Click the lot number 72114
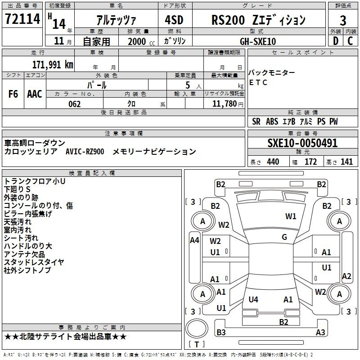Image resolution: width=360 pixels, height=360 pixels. click(x=22, y=18)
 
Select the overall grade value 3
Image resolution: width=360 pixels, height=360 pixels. click(x=343, y=21)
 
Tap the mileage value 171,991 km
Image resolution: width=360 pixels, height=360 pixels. click(x=53, y=65)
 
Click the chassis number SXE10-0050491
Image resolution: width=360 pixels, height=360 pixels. click(x=302, y=143)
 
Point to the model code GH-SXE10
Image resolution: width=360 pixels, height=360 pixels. click(x=258, y=41)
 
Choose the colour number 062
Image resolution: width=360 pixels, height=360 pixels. click(x=74, y=104)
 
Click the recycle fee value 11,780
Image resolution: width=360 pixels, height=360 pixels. click(x=224, y=104)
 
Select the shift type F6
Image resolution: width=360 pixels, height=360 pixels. click(x=13, y=94)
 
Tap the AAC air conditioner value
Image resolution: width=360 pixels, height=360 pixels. click(x=35, y=94)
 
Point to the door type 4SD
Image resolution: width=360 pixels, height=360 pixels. click(x=174, y=20)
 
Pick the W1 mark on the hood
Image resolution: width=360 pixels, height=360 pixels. click(x=291, y=216)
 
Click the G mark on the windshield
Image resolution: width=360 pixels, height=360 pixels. click(x=284, y=237)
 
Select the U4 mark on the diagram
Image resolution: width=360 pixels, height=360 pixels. click(x=253, y=299)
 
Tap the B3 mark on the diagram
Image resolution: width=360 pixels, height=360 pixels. click(x=221, y=332)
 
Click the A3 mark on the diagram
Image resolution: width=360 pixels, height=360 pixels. click(x=320, y=332)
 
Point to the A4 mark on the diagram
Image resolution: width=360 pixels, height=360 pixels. click(x=194, y=240)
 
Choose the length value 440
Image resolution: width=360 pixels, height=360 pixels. click(x=273, y=162)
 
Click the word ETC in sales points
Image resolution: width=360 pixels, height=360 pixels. click(x=258, y=82)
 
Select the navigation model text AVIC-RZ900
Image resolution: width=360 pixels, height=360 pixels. click(x=85, y=152)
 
